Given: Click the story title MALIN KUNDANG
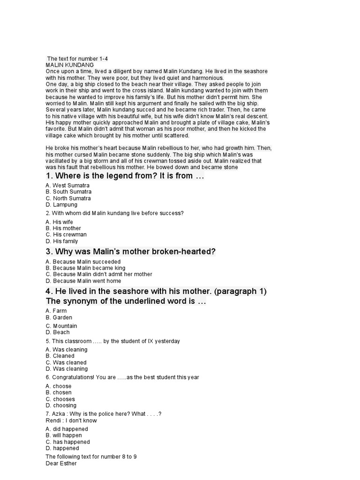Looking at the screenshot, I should (69, 65).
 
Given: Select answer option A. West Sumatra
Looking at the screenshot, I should (67, 185).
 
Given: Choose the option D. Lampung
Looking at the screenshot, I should (61, 205).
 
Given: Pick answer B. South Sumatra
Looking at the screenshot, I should (68, 192).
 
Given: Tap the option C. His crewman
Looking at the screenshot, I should (66, 234).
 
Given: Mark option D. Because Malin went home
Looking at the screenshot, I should (83, 281).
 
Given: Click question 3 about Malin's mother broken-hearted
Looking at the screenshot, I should (131, 252).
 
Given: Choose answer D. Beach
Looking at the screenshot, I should (58, 332).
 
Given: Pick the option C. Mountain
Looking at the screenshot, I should (61, 326).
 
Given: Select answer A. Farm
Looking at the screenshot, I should (56, 311).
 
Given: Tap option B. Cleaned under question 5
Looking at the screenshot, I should (60, 356).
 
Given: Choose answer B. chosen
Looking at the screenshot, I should (59, 392).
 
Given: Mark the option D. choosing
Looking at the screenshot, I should (61, 405).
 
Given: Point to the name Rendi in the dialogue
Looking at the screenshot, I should (52, 420).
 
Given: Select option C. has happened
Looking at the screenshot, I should (67, 442).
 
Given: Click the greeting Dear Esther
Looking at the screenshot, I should (61, 464).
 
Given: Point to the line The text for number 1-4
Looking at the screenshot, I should (77, 59).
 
